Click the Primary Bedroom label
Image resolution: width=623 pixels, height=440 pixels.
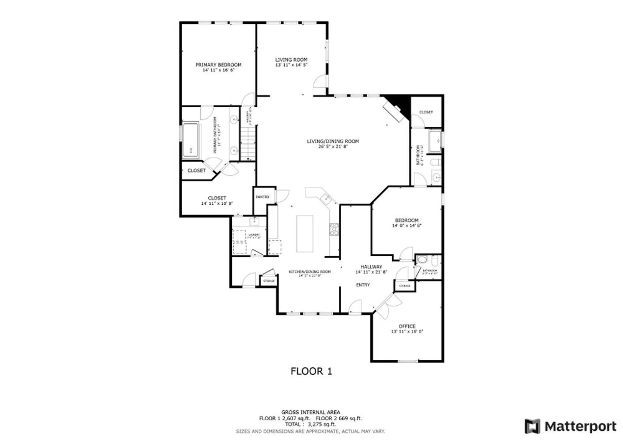(218, 65)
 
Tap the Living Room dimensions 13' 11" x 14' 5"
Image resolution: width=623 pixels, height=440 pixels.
(291, 65)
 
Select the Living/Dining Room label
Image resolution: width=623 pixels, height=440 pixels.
(333, 141)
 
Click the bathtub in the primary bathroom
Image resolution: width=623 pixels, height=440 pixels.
(191, 140)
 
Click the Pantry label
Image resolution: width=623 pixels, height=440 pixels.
(262, 197)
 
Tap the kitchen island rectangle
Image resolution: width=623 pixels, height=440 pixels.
(305, 233)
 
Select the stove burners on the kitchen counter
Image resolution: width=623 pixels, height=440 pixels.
(334, 229)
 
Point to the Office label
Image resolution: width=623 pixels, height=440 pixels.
(407, 326)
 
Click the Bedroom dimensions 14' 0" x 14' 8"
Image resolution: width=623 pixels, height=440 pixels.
(407, 226)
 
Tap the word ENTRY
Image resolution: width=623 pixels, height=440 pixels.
(363, 285)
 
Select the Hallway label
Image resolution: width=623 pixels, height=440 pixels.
(371, 267)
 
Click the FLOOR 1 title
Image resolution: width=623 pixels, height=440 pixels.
(311, 371)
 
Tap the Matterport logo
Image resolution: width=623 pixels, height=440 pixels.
(570, 426)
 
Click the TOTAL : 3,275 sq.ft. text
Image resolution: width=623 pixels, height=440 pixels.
(310, 424)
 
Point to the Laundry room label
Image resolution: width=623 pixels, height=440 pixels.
(254, 235)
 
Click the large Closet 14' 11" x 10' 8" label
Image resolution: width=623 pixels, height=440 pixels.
(217, 198)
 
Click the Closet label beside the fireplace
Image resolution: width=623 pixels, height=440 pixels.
(426, 112)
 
